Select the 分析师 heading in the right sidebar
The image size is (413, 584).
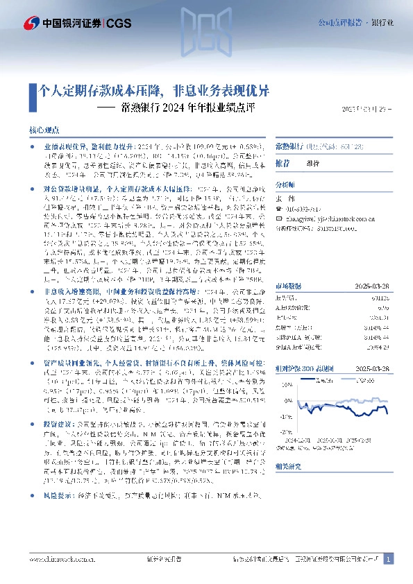(x=285, y=185)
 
